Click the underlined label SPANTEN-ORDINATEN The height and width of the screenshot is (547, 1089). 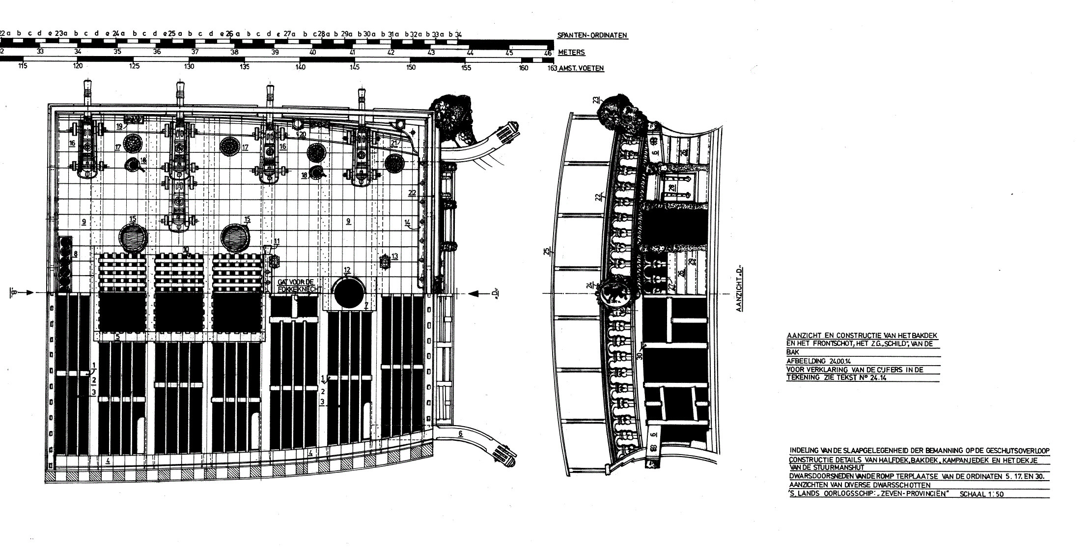point(592,35)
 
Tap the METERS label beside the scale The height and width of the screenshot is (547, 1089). point(571,53)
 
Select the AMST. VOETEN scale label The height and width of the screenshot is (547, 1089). point(581,68)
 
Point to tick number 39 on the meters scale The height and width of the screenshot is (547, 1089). point(275,52)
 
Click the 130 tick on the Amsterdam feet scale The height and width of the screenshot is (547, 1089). point(189,67)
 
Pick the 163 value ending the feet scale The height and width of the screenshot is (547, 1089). point(552,68)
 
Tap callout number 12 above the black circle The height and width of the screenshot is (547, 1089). point(347,270)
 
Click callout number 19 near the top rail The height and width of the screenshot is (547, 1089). point(119,126)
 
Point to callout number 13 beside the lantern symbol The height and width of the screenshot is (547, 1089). point(394,256)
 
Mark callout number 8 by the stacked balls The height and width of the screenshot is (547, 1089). point(76,254)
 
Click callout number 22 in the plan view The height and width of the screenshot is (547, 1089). point(412,193)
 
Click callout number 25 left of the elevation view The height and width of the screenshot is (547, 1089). point(546,252)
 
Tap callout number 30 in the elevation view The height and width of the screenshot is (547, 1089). point(640,355)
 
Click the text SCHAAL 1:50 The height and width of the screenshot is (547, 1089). point(981,494)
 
